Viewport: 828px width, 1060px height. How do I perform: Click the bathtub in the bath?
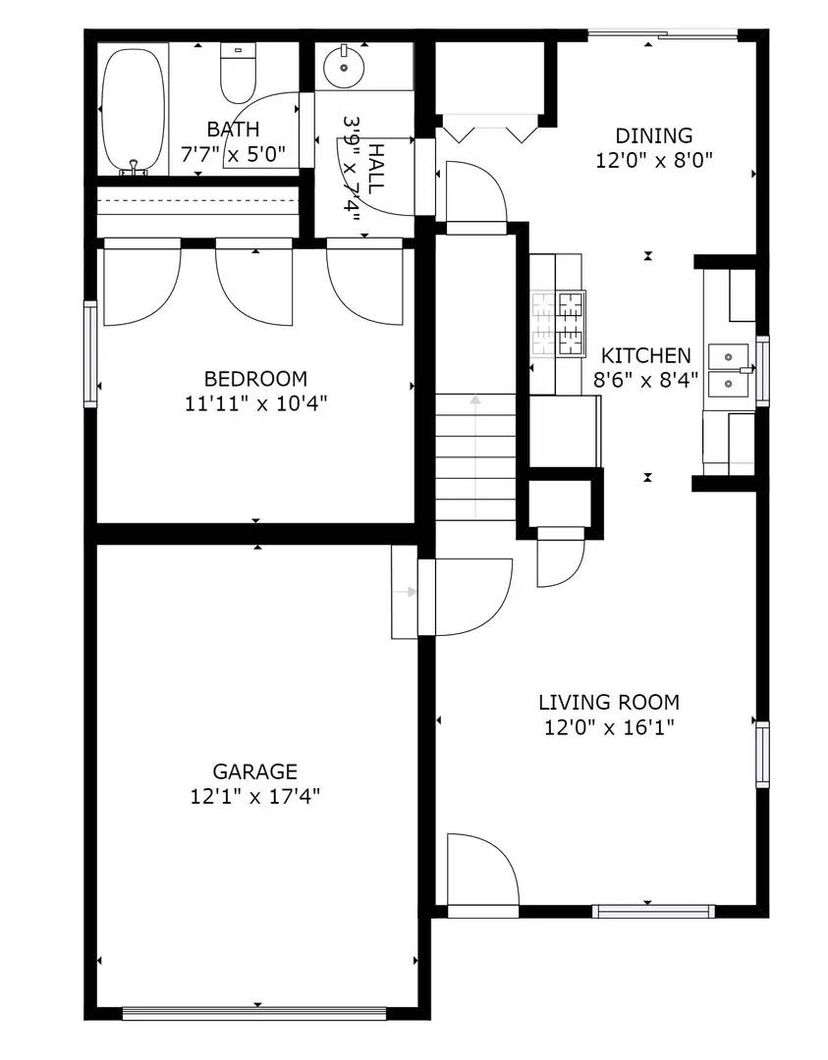[x=133, y=110]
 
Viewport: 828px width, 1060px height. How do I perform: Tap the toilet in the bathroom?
[x=237, y=76]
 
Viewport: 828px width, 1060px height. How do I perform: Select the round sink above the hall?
[x=345, y=67]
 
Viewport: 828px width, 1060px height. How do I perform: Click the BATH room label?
[x=233, y=130]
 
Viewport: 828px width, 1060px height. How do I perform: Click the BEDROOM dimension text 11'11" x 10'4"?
[x=254, y=402]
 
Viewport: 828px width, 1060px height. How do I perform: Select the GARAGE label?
[x=255, y=771]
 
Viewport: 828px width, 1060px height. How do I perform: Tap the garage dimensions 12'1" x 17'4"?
[x=255, y=796]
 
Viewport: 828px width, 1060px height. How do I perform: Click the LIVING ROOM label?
[x=608, y=703]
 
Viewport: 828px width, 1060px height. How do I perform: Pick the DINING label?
[x=653, y=135]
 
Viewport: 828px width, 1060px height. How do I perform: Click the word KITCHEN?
[x=645, y=355]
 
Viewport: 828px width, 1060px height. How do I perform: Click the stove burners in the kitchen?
[x=557, y=323]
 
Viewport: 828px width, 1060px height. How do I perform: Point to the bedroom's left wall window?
[x=90, y=353]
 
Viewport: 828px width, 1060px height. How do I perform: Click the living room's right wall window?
[x=761, y=754]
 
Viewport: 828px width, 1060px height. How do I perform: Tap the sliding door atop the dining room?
[x=661, y=36]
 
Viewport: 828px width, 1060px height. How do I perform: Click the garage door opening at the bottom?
[x=255, y=1012]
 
